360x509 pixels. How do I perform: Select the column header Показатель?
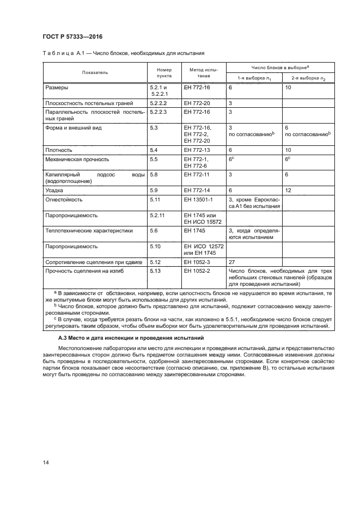pos(95,72)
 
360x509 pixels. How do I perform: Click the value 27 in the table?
pos(232,262)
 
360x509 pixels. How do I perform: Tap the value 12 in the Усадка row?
pos(289,191)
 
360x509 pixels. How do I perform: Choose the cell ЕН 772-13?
pos(197,149)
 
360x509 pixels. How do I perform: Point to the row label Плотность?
pos(59,149)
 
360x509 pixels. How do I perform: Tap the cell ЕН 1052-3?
pos(197,262)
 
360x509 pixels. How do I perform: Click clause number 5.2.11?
pos(157,215)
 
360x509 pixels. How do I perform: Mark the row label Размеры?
pos(57,87)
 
